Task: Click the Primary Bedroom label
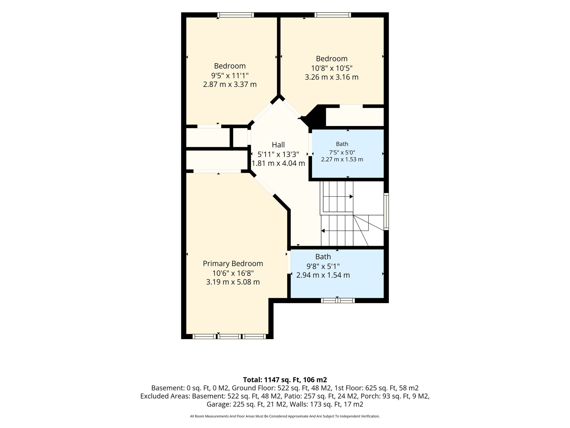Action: tap(233, 264)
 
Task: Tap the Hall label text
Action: tap(278, 145)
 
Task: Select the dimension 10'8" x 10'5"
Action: tap(332, 68)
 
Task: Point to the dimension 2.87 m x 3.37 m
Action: tap(230, 84)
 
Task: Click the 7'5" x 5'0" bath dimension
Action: tap(342, 152)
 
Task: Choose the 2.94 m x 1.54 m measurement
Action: tap(323, 275)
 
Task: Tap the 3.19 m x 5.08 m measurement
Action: tap(233, 282)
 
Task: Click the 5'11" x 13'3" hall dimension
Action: tap(278, 154)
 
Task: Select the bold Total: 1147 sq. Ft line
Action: tap(285, 380)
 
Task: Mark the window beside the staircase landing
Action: tap(386, 211)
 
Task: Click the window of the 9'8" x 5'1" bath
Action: tap(338, 300)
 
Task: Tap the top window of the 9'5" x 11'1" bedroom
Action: tap(235, 15)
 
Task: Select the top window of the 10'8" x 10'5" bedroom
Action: tap(333, 15)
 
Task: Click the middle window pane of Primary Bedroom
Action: tap(229, 337)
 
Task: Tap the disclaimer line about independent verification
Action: tap(285, 416)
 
